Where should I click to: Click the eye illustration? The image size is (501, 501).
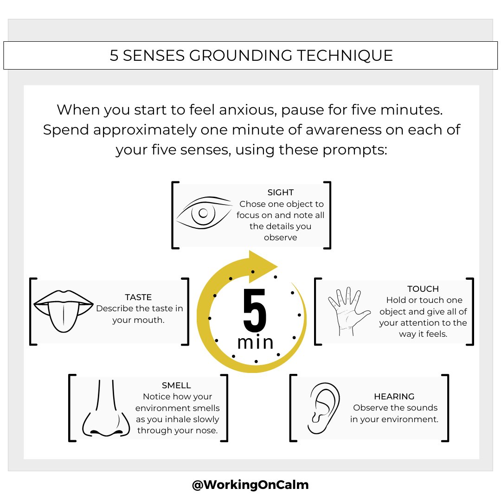click(205, 213)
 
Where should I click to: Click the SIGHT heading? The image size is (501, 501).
click(281, 193)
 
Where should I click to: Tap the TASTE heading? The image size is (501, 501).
click(138, 297)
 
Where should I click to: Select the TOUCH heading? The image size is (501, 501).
click(423, 289)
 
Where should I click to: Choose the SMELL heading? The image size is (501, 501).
click(176, 385)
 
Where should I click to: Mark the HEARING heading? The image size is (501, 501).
click(394, 397)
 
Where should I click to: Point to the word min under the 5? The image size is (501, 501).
click(255, 342)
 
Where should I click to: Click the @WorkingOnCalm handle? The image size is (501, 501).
click(250, 485)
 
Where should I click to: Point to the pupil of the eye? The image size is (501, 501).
click(203, 213)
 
